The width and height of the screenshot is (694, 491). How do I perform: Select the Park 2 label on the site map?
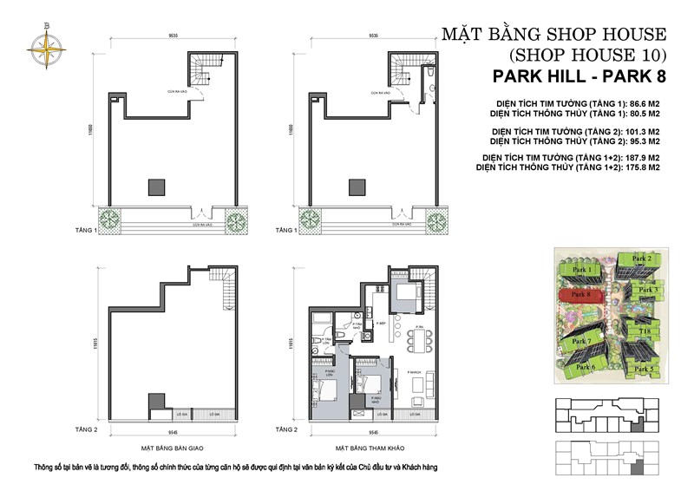[642, 259]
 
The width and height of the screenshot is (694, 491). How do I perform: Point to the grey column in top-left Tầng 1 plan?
[156, 187]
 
